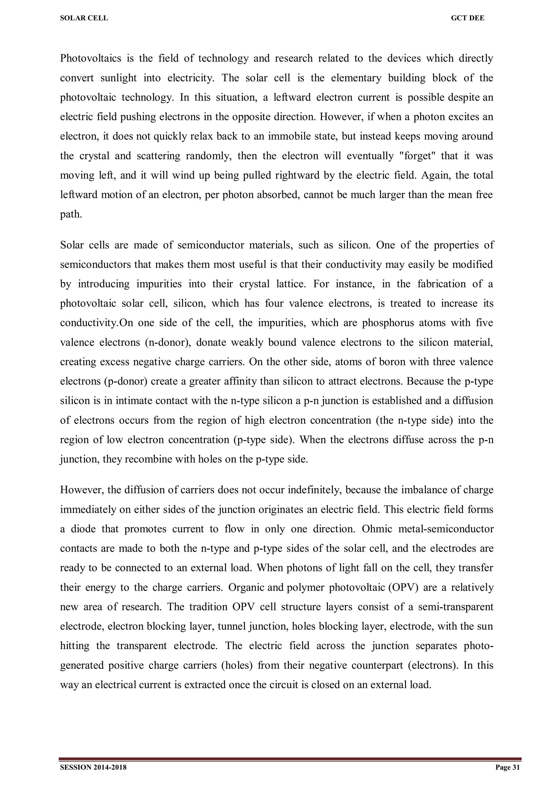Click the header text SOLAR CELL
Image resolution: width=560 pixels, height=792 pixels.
pos(84,18)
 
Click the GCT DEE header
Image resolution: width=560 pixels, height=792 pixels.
pos(468,18)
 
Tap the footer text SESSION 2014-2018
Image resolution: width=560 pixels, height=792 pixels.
pos(93,767)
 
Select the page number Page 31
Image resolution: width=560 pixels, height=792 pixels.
pos(507,767)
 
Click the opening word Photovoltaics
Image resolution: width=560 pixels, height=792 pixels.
pos(91,58)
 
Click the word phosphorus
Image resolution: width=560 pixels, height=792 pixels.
pos(388,323)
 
